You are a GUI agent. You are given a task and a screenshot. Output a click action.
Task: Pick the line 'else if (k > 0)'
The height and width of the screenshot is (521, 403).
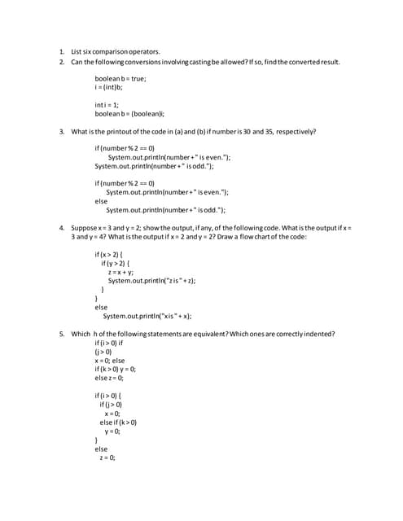(x=118, y=422)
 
